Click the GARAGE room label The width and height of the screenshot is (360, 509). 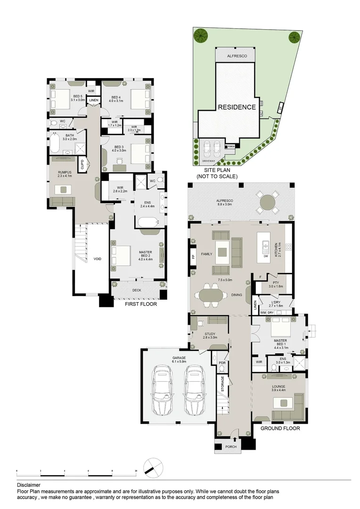click(179, 358)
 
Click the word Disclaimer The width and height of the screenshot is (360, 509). click(29, 484)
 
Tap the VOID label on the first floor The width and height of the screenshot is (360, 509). click(98, 259)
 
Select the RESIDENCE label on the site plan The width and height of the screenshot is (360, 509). click(237, 107)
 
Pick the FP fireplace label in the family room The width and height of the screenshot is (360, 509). click(193, 257)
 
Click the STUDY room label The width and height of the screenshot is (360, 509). click(210, 334)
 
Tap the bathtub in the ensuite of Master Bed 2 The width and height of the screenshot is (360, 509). click(150, 222)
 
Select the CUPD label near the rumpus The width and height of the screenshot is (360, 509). click(82, 164)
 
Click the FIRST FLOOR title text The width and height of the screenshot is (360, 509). click(140, 304)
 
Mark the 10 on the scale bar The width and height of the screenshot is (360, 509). click(136, 471)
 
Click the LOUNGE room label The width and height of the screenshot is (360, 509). click(282, 386)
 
